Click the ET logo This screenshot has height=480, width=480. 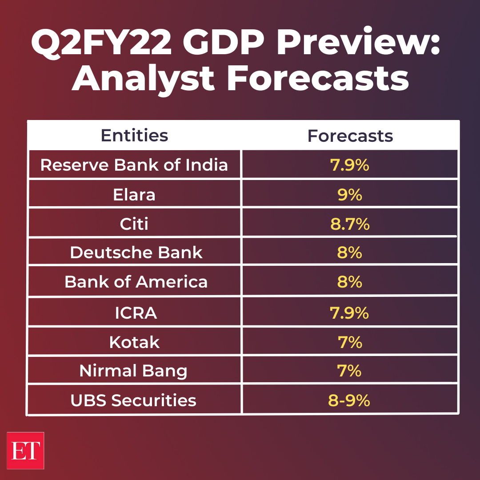pyautogui.click(x=25, y=450)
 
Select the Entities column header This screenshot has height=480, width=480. pyautogui.click(x=134, y=135)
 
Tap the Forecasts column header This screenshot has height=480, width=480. pyautogui.click(x=350, y=136)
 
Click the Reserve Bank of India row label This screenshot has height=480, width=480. pyautogui.click(x=134, y=165)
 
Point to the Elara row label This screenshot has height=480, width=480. pyautogui.click(x=134, y=194)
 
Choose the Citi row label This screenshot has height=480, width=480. pyautogui.click(x=134, y=224)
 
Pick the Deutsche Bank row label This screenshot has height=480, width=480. pyautogui.click(x=136, y=252)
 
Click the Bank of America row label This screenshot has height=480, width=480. pyautogui.click(x=136, y=282)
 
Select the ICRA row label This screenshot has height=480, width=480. pyautogui.click(x=136, y=313)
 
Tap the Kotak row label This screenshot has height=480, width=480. pyautogui.click(x=134, y=342)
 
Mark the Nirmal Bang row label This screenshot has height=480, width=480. pyautogui.click(x=133, y=371)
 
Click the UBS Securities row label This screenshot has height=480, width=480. pyautogui.click(x=133, y=400)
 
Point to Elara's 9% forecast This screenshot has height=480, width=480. pyautogui.click(x=350, y=194)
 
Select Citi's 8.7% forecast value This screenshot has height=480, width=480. pyautogui.click(x=350, y=224)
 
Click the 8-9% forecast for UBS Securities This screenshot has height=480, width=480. pyautogui.click(x=349, y=400)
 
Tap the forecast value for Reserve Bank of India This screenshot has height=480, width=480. pyautogui.click(x=350, y=165)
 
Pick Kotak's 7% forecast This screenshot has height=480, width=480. pyautogui.click(x=349, y=342)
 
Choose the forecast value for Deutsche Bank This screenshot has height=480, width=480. pyautogui.click(x=350, y=252)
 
